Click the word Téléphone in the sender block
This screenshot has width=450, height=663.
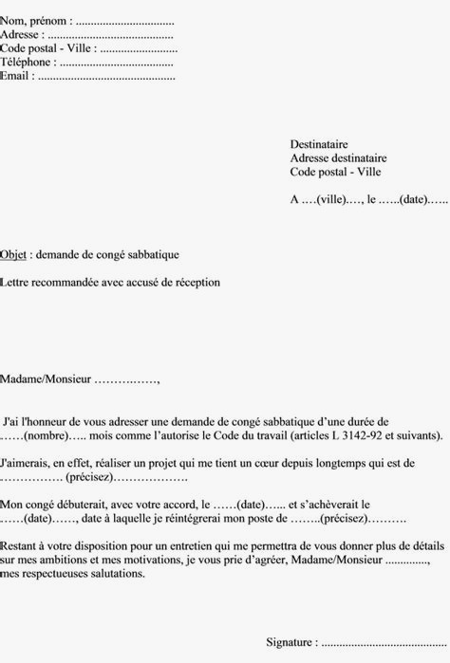(27, 62)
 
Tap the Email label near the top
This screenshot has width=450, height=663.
(16, 76)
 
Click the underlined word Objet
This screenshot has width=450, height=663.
(13, 254)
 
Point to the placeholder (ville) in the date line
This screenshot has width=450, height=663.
(330, 200)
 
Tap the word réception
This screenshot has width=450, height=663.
(197, 282)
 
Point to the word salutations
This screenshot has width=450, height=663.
(118, 574)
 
